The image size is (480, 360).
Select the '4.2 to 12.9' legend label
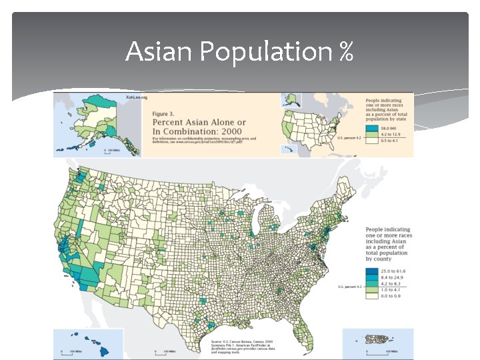(x=390, y=134)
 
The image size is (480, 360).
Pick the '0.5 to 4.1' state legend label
(x=389, y=141)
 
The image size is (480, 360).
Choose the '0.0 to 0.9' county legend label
(x=392, y=299)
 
